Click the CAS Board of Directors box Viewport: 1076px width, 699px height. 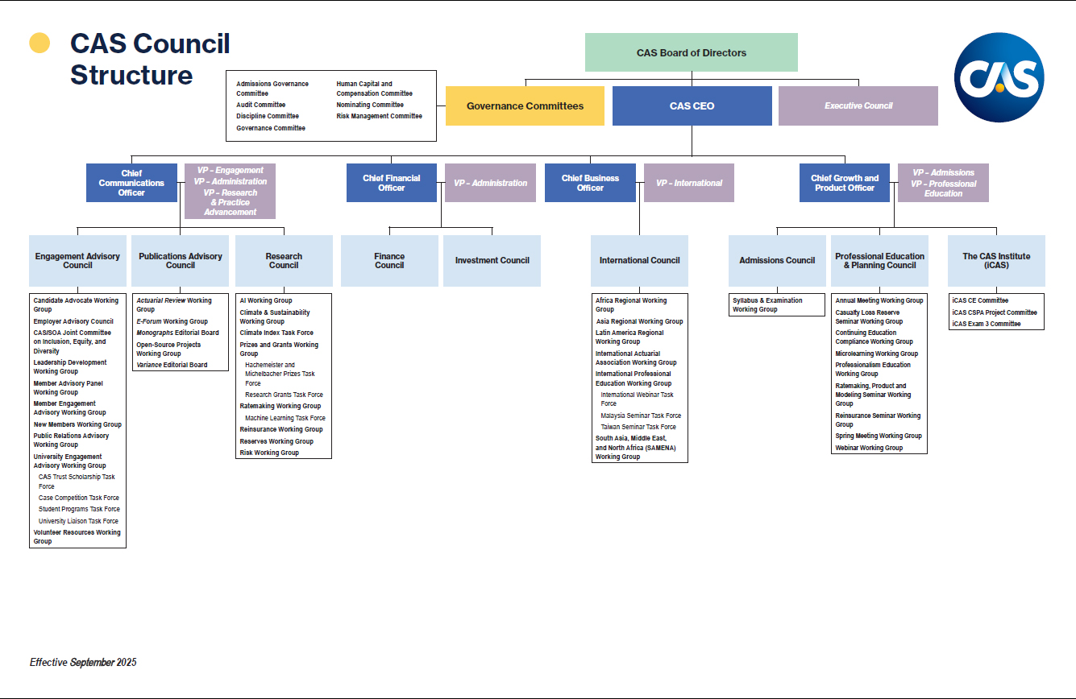[691, 53]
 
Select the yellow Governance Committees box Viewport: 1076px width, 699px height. [525, 105]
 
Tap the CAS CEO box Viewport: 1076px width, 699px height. [692, 105]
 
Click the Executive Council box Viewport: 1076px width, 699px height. [858, 105]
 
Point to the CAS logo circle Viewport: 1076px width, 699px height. [999, 77]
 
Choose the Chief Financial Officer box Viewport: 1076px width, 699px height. [392, 183]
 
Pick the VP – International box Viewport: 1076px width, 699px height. [688, 183]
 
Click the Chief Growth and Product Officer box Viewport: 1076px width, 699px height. [845, 183]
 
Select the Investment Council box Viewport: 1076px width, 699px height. [492, 260]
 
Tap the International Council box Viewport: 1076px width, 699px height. [639, 260]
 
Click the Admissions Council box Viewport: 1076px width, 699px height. [777, 260]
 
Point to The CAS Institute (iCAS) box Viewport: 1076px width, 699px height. [996, 260]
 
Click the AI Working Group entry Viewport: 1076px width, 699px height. [266, 300]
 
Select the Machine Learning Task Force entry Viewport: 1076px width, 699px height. [285, 418]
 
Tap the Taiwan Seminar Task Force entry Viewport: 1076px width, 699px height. [638, 427]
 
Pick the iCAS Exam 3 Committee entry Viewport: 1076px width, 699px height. [986, 324]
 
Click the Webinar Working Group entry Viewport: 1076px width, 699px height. [869, 448]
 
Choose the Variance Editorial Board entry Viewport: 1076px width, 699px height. [172, 365]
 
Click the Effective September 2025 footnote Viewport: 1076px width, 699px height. [83, 663]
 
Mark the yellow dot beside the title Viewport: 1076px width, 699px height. [39, 43]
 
